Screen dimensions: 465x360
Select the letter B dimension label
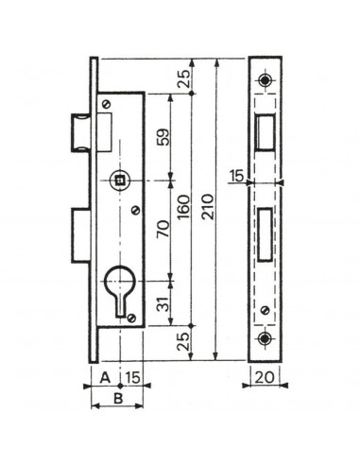(x=118, y=399)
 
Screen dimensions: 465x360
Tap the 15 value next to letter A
(x=133, y=377)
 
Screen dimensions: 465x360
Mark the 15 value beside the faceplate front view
(x=234, y=175)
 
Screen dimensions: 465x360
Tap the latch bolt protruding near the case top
(x=81, y=128)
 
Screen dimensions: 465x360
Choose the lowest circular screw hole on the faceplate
(x=265, y=339)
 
